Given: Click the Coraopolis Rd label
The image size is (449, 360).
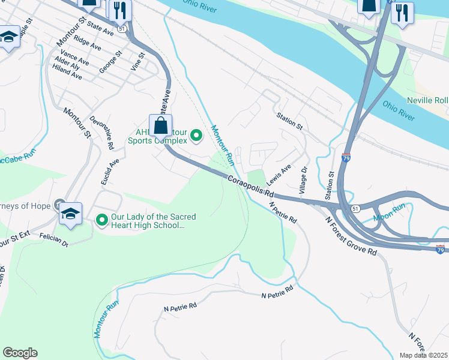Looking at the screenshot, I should click(250, 186).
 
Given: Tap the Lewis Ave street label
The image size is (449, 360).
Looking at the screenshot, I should click(279, 174).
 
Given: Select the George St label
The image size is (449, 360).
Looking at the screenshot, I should click(111, 62).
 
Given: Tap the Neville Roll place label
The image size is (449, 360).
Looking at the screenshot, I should click(427, 100).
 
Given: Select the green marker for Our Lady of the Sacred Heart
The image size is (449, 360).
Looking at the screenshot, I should click(101, 221).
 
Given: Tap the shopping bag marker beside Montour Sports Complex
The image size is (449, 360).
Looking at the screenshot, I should click(160, 127).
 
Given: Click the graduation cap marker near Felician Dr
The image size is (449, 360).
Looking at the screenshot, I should click(70, 214).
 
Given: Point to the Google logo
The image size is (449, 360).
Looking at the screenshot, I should click(20, 353).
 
